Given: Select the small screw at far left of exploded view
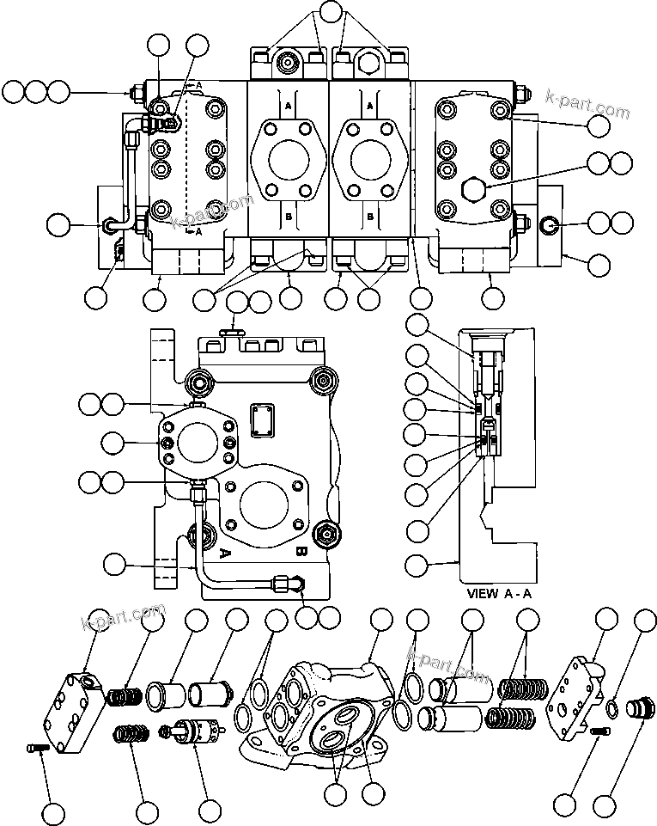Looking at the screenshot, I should point(35,750).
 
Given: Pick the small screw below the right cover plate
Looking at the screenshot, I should point(599,731).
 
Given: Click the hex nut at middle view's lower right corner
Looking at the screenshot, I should point(325,534).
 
